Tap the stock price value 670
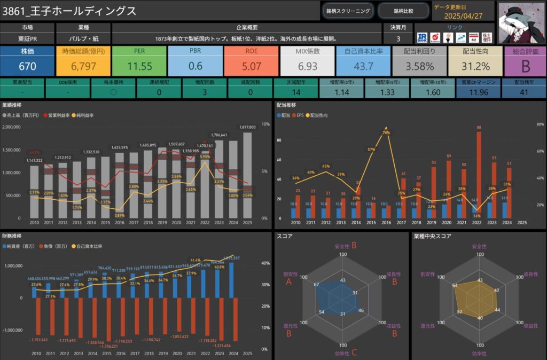[x=27, y=67]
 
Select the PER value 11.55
[x=140, y=67]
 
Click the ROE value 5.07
[x=252, y=67]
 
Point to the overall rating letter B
[x=525, y=67]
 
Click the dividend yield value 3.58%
[x=419, y=67]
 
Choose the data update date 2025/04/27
[x=463, y=16]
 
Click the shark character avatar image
[x=520, y=21]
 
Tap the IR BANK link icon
[x=423, y=37]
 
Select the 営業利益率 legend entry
[x=59, y=115]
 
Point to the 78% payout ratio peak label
[x=386, y=132]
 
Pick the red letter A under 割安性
[x=289, y=281]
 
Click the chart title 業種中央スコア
[x=433, y=236]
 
